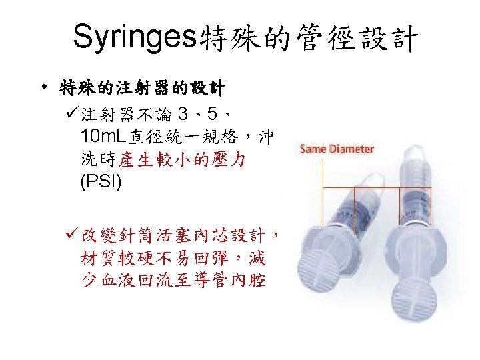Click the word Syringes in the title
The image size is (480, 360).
pyautogui.click(x=131, y=38)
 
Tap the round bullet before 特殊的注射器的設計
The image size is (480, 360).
pyautogui.click(x=43, y=87)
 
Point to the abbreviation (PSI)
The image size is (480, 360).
pyautogui.click(x=101, y=181)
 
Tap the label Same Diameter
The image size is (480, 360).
pyautogui.click(x=337, y=149)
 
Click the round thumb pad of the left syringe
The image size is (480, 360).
pyautogui.click(x=326, y=254)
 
